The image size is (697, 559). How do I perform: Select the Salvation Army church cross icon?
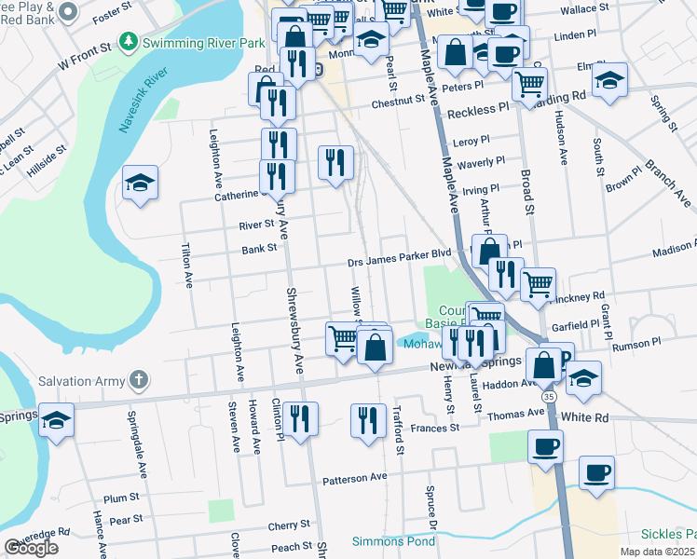(x=138, y=379)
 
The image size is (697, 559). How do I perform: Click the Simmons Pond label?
(x=393, y=541)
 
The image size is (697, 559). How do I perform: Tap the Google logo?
(x=31, y=548)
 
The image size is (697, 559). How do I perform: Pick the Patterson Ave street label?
(x=354, y=479)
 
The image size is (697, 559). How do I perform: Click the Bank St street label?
(x=259, y=249)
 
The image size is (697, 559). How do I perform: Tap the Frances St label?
(x=436, y=428)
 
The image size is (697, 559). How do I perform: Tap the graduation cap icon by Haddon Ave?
(x=583, y=377)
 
